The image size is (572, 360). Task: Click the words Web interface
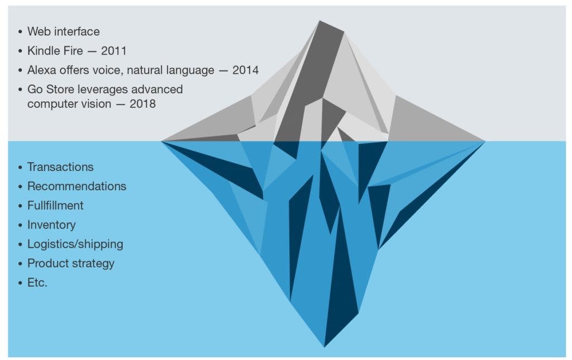(64, 31)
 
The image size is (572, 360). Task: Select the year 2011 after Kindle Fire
(114, 51)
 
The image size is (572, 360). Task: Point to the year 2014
(246, 70)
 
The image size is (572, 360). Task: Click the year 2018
(142, 103)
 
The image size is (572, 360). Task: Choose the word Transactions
(60, 167)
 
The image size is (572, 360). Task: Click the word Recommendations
(77, 186)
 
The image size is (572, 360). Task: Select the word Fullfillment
(55, 206)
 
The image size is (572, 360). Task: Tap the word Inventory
(51, 225)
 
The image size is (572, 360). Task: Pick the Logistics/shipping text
(75, 244)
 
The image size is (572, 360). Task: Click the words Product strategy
(71, 263)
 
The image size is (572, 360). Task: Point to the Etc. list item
(37, 283)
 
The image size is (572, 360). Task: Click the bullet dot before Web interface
(20, 32)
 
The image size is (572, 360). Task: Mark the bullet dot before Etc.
(20, 283)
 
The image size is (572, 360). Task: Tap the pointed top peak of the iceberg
(320, 21)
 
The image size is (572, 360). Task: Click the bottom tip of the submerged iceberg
(325, 347)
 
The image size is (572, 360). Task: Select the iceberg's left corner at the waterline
(161, 141)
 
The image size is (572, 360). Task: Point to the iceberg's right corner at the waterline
(485, 141)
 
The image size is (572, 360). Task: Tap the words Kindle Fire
(55, 51)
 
